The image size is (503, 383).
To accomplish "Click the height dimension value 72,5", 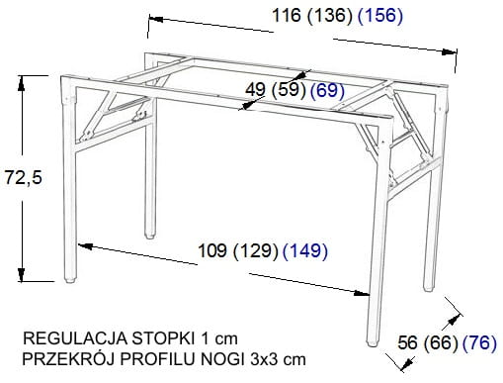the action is click(24, 178).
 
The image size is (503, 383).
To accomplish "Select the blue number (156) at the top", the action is click(380, 16).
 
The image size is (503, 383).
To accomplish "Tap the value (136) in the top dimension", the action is click(330, 16).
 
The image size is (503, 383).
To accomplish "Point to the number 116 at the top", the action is click(287, 15).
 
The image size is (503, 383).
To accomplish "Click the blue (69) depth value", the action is click(328, 90).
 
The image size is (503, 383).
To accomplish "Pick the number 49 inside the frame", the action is click(256, 90).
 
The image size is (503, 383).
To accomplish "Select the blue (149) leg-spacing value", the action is click(305, 251).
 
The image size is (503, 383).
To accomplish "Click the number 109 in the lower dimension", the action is click(212, 250).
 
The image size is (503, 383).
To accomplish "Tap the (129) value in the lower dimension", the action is click(256, 251).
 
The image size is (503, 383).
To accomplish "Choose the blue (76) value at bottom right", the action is click(479, 343).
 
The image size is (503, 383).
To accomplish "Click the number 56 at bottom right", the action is click(407, 343).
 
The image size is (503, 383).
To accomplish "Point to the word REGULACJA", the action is click(75, 338).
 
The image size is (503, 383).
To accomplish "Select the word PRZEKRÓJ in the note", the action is click(68, 359).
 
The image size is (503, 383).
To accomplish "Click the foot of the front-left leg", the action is click(69, 281).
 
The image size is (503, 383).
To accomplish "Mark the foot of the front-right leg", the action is click(373, 343).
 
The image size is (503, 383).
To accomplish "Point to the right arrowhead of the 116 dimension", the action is click(449, 51).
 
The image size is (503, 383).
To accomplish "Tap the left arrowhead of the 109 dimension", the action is click(85, 245).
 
